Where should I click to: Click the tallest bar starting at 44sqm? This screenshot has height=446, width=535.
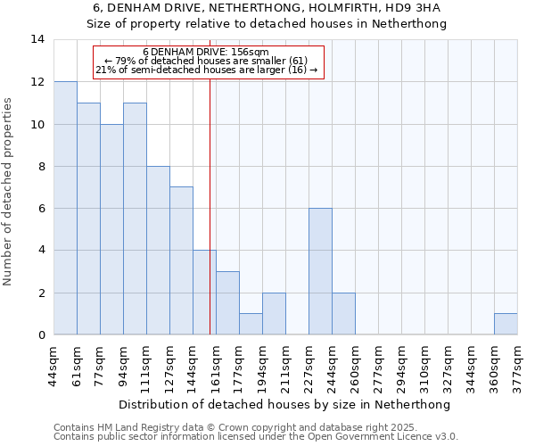click(65, 208)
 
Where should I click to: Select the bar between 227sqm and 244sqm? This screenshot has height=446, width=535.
click(320, 271)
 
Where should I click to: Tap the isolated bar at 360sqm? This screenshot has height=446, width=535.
click(506, 324)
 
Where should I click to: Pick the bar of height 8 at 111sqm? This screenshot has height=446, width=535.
click(158, 251)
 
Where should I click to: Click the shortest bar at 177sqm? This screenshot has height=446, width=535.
click(251, 324)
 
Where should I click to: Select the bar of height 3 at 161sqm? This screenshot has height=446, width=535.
click(227, 303)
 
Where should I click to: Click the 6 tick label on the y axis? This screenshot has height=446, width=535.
click(41, 209)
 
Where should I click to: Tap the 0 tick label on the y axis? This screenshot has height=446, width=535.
click(41, 335)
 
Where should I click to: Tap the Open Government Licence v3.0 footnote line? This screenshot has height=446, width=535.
click(255, 437)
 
